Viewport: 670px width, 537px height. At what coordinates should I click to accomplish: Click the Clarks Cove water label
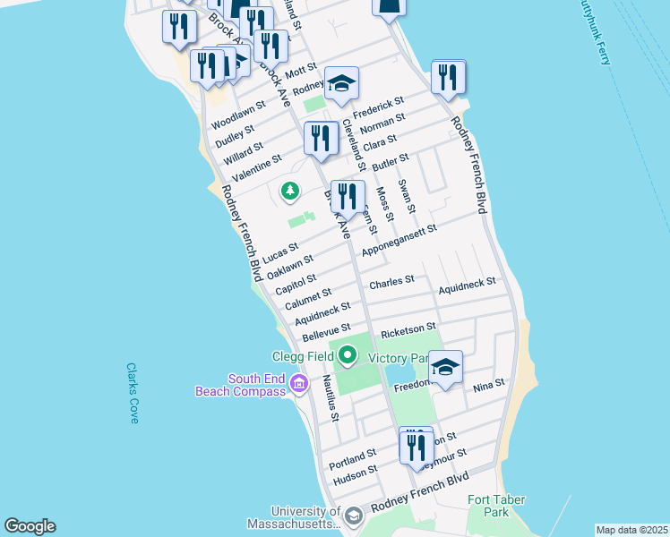pos(132,393)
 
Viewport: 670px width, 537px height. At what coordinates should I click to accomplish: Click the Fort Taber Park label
pos(496,506)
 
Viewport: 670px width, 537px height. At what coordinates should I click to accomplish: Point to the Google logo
pos(30,526)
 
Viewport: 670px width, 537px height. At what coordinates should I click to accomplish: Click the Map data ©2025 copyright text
pos(631,530)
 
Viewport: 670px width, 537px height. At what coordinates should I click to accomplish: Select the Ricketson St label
pos(408,330)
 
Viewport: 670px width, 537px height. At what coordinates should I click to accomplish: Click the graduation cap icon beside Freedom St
pos(445,366)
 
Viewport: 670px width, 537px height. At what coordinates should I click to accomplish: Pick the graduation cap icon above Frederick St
pos(341,83)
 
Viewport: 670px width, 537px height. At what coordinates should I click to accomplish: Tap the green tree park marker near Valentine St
pos(289,190)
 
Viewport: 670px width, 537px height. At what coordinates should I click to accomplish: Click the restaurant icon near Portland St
pos(416,445)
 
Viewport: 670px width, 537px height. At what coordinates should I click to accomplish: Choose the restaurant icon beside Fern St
pos(348,196)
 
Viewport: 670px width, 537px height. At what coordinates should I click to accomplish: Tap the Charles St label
pos(391,281)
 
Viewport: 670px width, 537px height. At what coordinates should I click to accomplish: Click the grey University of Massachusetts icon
pos(353,516)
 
